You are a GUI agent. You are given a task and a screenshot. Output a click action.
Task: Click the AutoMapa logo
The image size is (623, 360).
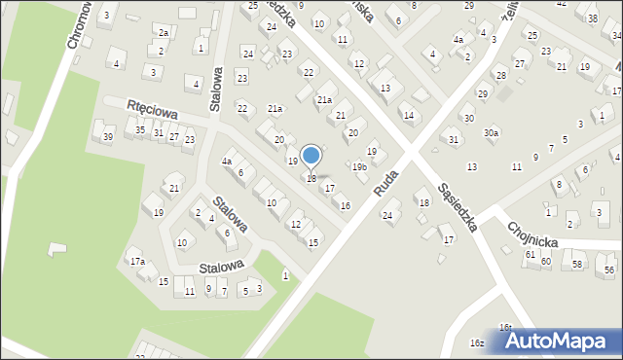tap(560, 341)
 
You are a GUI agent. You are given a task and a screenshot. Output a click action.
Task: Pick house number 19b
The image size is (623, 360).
tap(359, 167)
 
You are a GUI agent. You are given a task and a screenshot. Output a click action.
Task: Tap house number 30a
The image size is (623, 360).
tap(492, 133)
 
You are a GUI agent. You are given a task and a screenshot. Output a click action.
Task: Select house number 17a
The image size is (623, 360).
tap(137, 261)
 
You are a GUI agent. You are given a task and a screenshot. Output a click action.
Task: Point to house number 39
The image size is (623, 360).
tap(108, 136)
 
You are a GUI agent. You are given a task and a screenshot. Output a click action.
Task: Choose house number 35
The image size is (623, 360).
tap(140, 130)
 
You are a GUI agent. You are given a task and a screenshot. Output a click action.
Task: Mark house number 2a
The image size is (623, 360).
tap(165, 33)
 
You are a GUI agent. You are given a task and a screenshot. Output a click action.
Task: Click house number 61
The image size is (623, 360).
tap(531, 254)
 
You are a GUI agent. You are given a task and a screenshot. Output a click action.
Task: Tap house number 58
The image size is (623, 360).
tap(577, 265)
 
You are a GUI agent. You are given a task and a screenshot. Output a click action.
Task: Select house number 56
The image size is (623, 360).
tap(609, 270)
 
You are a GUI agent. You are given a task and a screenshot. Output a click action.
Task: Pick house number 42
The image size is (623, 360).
tap(562, 4)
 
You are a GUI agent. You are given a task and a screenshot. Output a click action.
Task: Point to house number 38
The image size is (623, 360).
tap(593, 18)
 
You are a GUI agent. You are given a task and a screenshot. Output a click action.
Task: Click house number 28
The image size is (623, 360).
tap(500, 75)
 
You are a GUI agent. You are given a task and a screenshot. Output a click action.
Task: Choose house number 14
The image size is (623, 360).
tap(408, 116)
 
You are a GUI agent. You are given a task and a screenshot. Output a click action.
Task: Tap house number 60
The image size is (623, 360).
tap(546, 261)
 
